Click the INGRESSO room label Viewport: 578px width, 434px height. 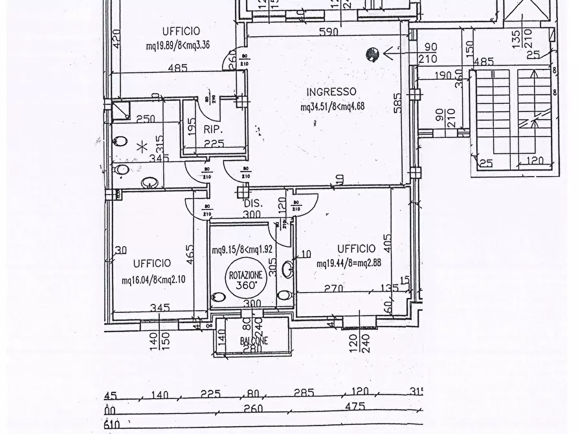[331, 91]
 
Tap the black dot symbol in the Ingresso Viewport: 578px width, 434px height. [372, 54]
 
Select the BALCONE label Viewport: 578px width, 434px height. [252, 341]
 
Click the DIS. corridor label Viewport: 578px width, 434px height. [252, 202]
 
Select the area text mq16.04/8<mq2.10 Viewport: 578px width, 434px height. [154, 280]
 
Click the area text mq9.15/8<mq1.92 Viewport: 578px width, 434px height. [241, 249]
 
